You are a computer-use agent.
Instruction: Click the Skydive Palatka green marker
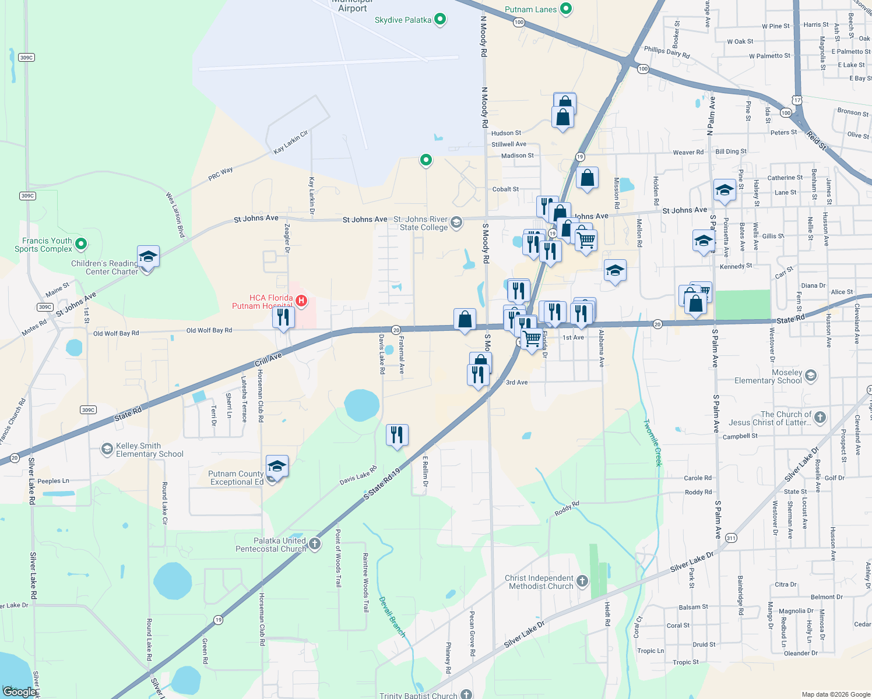click(440, 20)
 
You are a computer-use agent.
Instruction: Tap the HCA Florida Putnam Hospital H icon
click(301, 301)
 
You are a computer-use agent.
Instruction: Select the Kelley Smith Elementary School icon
click(107, 449)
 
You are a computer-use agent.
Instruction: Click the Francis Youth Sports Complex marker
click(81, 244)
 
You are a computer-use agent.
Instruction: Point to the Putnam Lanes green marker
click(565, 9)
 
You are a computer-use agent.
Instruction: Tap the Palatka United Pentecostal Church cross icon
click(315, 544)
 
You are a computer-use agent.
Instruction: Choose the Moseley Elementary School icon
click(811, 376)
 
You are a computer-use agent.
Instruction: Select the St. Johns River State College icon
click(456, 223)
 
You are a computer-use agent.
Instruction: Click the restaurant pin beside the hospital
click(283, 317)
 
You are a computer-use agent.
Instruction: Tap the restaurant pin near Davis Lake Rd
click(397, 435)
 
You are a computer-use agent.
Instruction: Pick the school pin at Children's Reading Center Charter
click(148, 257)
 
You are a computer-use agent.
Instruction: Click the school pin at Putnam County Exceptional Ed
click(277, 467)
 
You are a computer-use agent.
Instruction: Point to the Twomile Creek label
click(653, 443)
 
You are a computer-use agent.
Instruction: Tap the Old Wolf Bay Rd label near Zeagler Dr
click(209, 330)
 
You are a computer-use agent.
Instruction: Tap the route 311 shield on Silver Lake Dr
click(731, 538)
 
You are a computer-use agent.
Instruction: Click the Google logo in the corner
click(19, 691)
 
